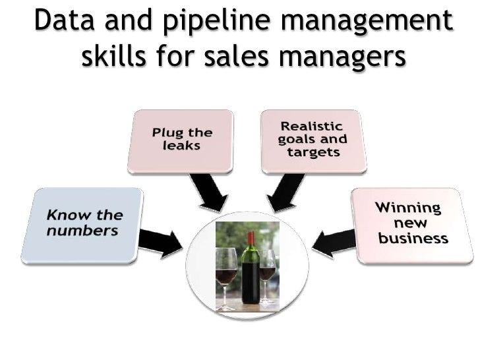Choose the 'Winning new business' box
click(411, 225)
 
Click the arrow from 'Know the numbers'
click(160, 242)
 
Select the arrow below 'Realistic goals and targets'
click(285, 192)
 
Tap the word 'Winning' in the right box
click(408, 208)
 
